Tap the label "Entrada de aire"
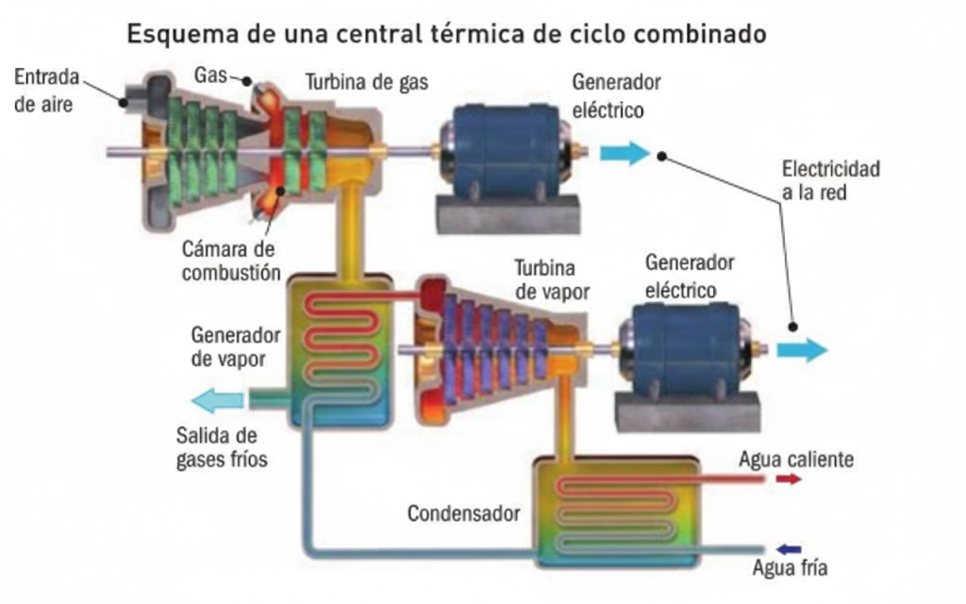(x=46, y=91)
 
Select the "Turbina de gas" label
(x=366, y=83)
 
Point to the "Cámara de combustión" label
(x=230, y=261)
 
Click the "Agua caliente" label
(x=796, y=460)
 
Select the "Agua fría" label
(x=790, y=568)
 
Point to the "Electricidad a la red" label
(x=830, y=180)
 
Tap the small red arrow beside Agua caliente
(x=788, y=479)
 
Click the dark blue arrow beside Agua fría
(x=788, y=548)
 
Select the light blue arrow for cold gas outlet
(x=216, y=401)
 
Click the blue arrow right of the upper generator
(x=625, y=153)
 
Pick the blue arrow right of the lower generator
(x=802, y=351)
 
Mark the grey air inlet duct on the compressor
(x=132, y=92)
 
